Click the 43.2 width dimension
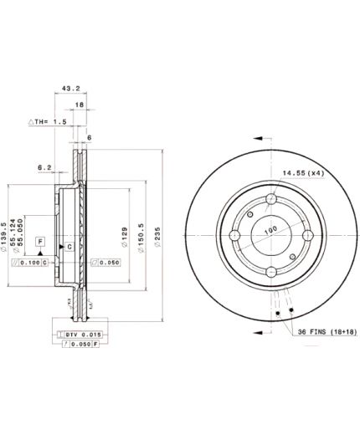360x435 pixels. pyautogui.click(x=71, y=86)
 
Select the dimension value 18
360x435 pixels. pyautogui.click(x=80, y=105)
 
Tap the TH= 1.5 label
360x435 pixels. pyautogui.click(x=48, y=122)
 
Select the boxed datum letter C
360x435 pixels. pyautogui.click(x=70, y=247)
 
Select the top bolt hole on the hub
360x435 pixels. pyautogui.click(x=270, y=199)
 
